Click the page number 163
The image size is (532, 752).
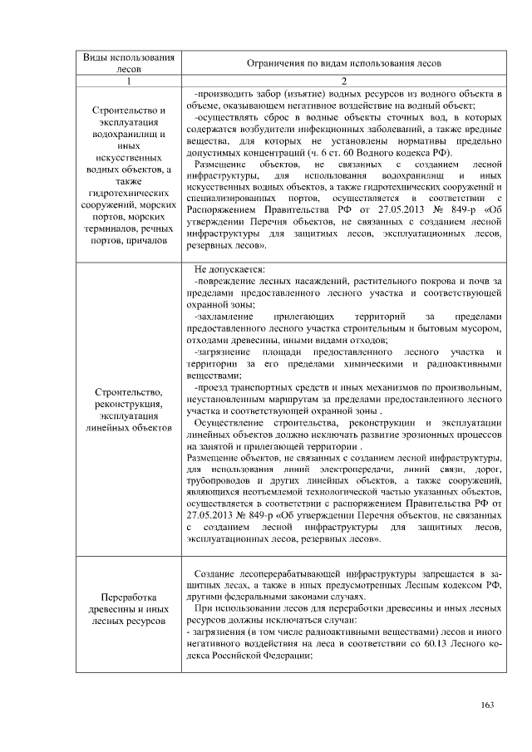[488, 705]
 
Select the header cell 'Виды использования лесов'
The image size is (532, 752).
[128, 63]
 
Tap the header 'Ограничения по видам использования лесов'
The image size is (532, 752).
[342, 63]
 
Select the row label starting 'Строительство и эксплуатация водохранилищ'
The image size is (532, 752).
[128, 175]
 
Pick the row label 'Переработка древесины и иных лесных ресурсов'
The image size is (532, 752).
[128, 608]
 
